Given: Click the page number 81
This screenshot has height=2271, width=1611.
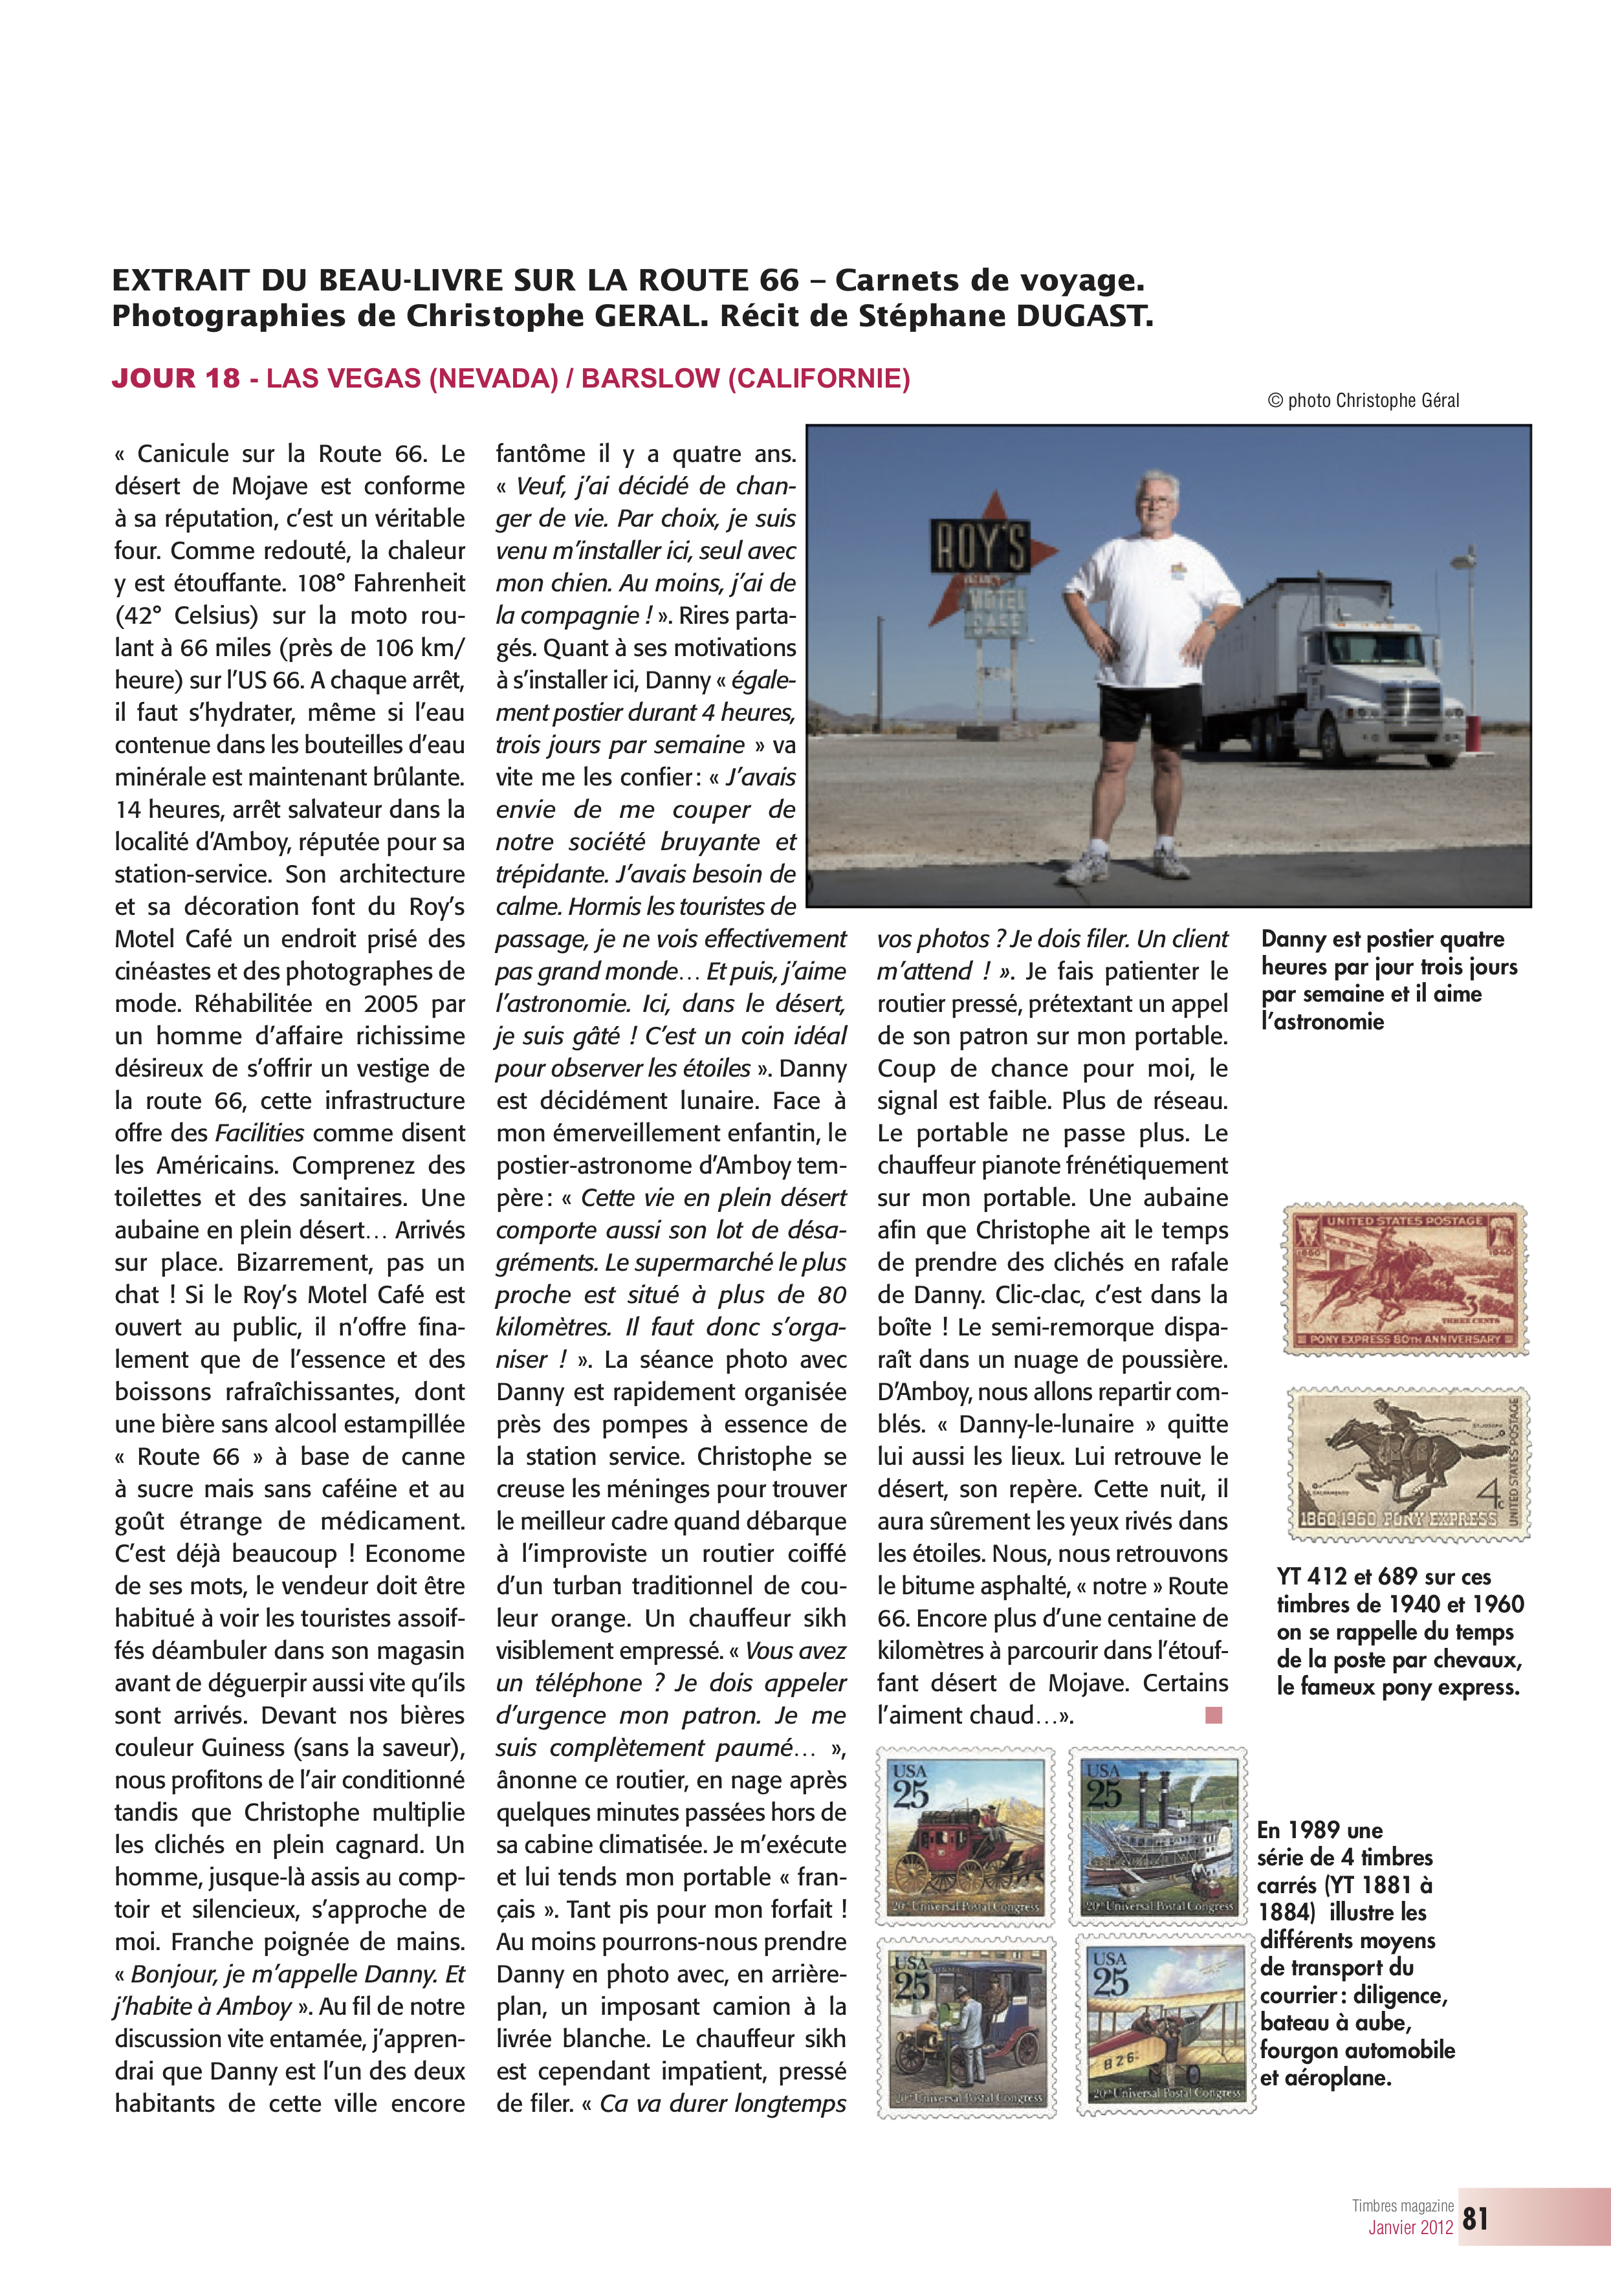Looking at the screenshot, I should pos(1475,2219).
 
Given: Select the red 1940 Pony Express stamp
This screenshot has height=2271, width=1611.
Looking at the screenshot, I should pos(1405,1279).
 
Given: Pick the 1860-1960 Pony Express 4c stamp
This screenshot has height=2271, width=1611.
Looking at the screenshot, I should pos(1408,1464).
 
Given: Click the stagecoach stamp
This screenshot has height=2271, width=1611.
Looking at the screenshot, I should pos(964,1838).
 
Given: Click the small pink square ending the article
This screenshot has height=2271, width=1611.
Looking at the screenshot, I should pos(1213,1715).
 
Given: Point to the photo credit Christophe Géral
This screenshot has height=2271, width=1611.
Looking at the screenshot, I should pos(1363,401).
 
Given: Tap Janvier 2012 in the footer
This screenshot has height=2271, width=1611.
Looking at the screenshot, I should pos(1410,2228).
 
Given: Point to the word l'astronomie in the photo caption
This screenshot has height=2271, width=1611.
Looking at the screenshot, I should pos(1322,1021).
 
